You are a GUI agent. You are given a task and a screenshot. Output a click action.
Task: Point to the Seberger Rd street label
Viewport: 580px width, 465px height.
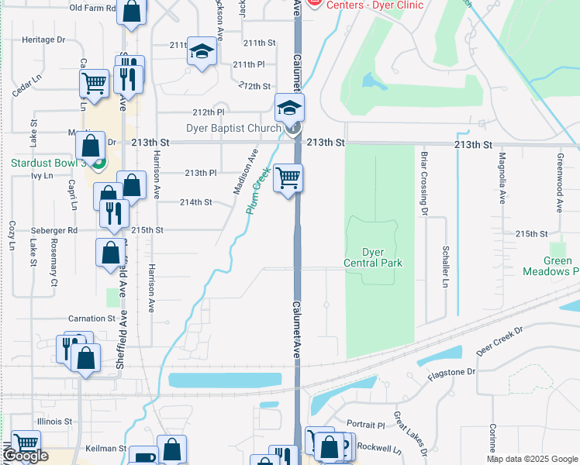click(x=54, y=230)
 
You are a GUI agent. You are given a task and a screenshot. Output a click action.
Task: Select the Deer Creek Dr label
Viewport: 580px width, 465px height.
click(x=499, y=339)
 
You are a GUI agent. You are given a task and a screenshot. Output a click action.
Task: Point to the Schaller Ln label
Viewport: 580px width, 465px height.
click(x=445, y=267)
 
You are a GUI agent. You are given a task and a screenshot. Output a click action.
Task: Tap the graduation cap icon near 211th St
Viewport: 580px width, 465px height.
click(x=202, y=51)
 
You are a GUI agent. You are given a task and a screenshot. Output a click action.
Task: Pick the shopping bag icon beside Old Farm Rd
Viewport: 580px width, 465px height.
click(x=132, y=11)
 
